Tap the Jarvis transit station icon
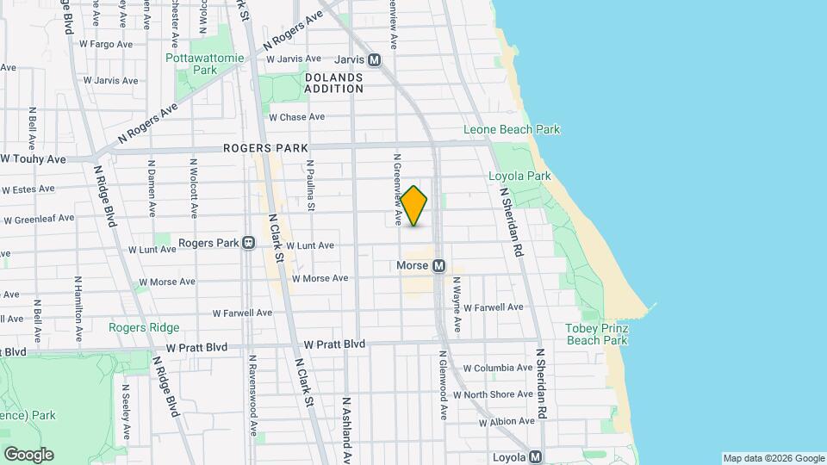(x=374, y=60)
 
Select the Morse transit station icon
(x=438, y=266)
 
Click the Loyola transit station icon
(x=535, y=457)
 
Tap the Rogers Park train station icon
(x=248, y=243)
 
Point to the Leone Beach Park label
(x=512, y=130)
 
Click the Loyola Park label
(x=519, y=176)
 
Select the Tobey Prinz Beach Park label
(x=596, y=334)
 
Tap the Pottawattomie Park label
(x=205, y=65)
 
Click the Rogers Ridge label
(x=144, y=327)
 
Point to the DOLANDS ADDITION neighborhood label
(x=334, y=83)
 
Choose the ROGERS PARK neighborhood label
(x=265, y=148)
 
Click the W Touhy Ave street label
(x=34, y=159)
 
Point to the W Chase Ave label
(x=296, y=117)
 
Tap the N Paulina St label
(x=310, y=184)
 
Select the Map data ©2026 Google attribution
(x=773, y=458)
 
